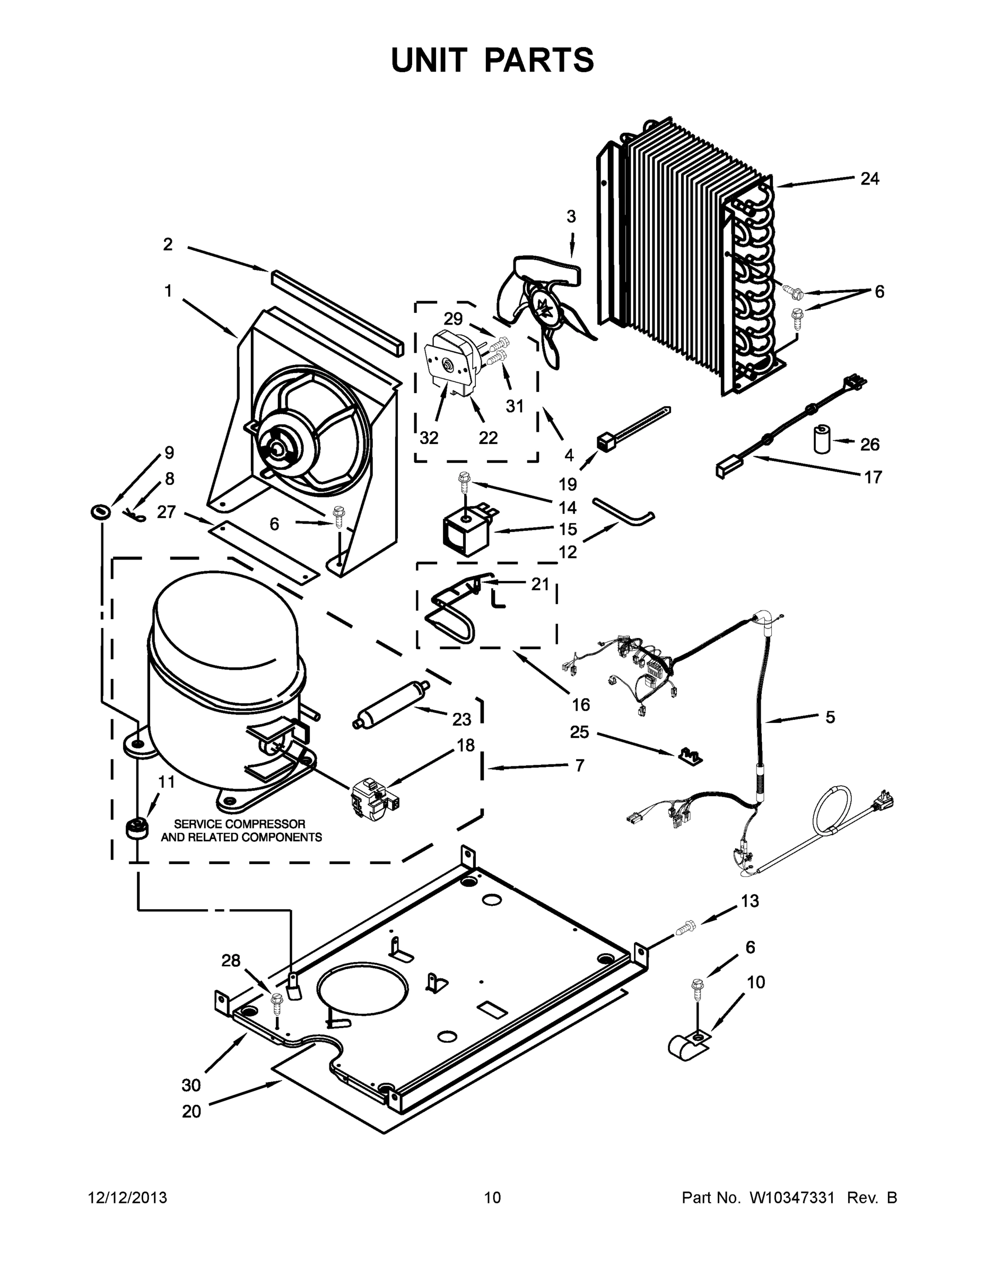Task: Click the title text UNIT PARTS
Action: (493, 60)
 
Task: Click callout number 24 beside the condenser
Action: (869, 179)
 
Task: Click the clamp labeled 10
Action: (688, 1047)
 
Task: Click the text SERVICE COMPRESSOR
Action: (240, 824)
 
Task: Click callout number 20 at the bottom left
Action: (191, 1112)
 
